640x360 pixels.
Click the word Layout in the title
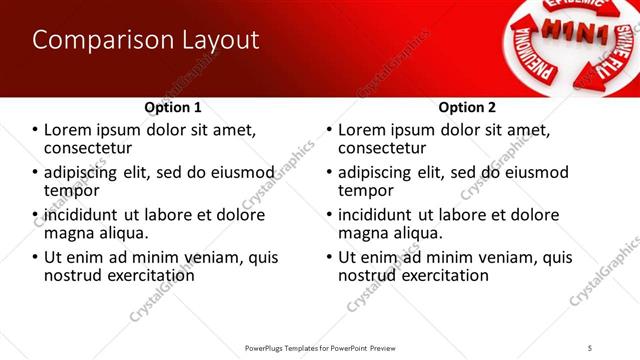(x=214, y=41)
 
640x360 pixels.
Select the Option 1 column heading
(x=173, y=106)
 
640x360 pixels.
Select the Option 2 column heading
(x=467, y=106)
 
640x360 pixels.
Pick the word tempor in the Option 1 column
(x=66, y=190)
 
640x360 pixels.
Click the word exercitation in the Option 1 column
(x=143, y=275)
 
